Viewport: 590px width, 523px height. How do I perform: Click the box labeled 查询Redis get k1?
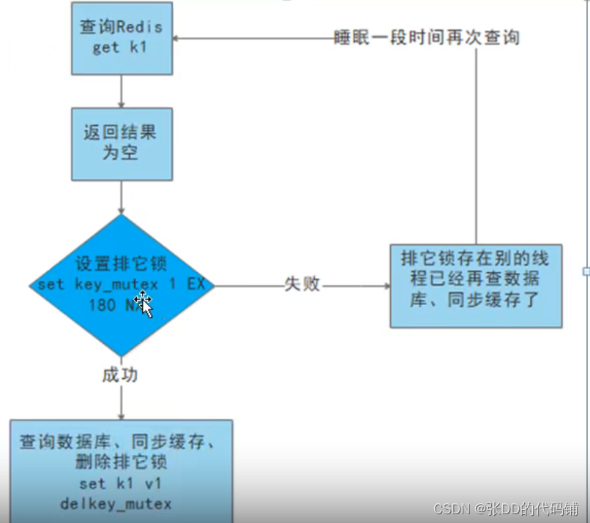coord(122,37)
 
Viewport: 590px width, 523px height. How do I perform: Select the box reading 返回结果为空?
coord(122,144)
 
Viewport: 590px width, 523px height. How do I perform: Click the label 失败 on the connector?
coord(302,285)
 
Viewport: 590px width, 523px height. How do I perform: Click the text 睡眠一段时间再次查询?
coord(427,37)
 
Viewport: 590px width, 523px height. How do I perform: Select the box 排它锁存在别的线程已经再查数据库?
coord(476,286)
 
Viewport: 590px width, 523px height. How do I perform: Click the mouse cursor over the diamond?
coord(145,303)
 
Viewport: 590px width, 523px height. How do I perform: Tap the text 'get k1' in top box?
coord(122,48)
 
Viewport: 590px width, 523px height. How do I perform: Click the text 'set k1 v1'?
coord(122,484)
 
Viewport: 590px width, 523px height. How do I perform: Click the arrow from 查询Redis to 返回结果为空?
coord(122,91)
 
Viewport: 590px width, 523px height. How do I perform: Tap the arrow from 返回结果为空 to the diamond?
coord(122,197)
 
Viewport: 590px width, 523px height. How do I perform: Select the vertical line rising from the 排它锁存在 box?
coord(477,146)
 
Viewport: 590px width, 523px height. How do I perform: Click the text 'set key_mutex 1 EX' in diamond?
coord(122,285)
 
